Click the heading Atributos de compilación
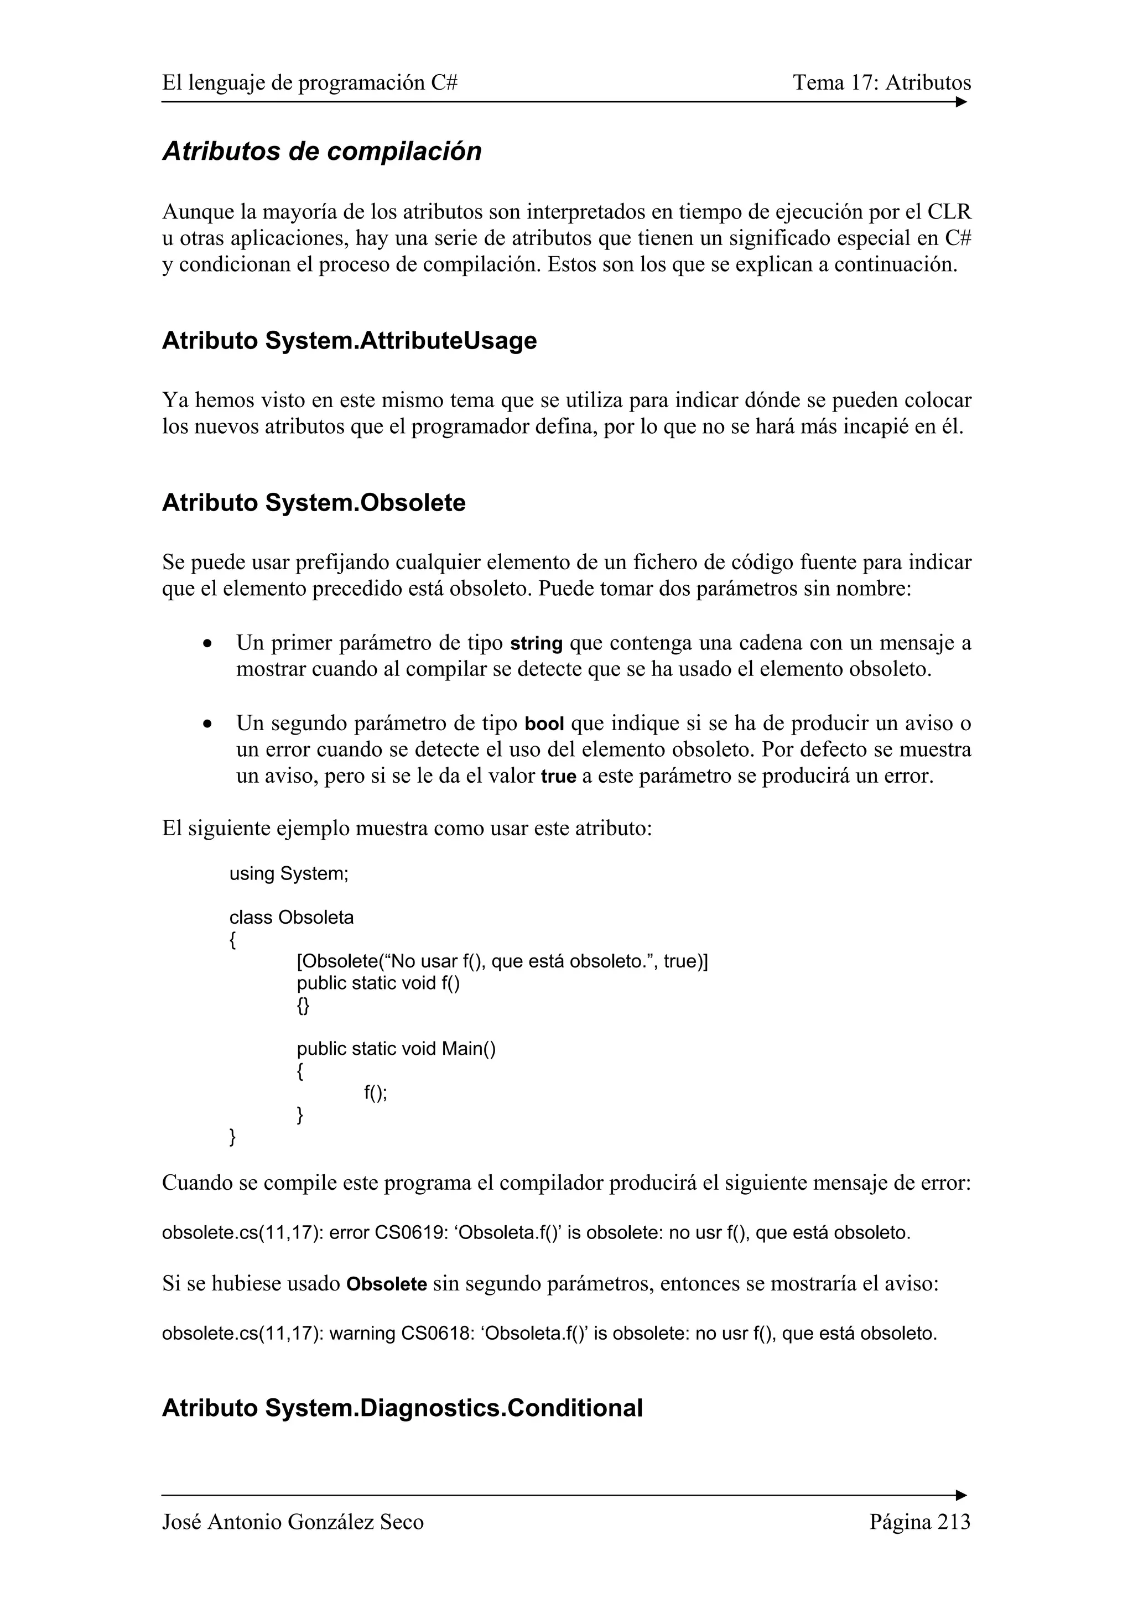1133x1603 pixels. point(322,152)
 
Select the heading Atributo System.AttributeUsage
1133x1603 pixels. point(349,341)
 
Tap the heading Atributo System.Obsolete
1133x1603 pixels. point(314,503)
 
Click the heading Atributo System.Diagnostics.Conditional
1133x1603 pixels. point(402,1408)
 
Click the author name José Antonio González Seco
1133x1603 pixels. point(293,1521)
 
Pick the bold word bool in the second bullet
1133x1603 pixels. point(544,724)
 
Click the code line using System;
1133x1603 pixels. point(289,873)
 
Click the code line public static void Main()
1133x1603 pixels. point(396,1049)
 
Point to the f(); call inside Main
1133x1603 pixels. point(376,1092)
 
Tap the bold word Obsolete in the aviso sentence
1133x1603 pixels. point(387,1284)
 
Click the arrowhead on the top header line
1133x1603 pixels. point(962,102)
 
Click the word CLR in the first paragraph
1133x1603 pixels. point(949,211)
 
